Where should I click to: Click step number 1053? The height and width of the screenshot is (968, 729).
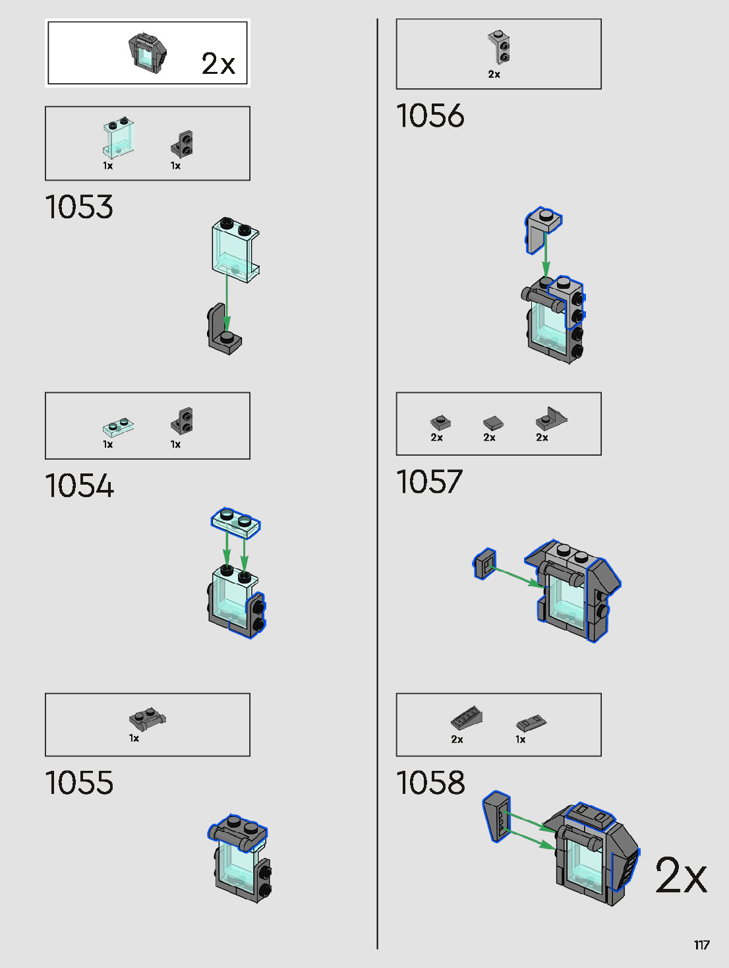(79, 207)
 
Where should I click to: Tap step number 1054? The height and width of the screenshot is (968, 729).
(79, 486)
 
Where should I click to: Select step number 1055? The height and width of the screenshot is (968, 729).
(79, 783)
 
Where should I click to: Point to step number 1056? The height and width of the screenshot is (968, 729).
(430, 116)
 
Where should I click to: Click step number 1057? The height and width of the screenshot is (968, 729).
(430, 481)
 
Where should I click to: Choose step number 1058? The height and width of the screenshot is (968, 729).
(430, 783)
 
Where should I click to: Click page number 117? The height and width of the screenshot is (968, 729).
(701, 945)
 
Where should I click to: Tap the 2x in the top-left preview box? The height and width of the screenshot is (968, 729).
(218, 64)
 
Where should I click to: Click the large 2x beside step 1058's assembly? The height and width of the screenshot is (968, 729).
(681, 875)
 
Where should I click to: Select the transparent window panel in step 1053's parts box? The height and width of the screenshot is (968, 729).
(118, 138)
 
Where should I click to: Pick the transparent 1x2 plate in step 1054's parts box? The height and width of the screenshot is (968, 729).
(119, 427)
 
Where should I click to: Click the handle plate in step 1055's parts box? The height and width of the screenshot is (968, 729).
(147, 717)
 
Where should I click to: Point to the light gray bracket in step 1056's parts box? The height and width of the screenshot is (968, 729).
(499, 46)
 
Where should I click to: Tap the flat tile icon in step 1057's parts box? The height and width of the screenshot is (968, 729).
(492, 422)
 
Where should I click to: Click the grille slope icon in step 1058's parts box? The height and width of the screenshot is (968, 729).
(467, 717)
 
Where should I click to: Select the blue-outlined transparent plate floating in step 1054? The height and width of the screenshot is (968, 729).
(235, 520)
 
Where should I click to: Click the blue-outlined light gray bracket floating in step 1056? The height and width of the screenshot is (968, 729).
(542, 227)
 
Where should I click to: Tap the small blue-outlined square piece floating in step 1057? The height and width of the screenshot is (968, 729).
(484, 564)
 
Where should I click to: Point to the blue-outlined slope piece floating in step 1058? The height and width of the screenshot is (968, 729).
(497, 817)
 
